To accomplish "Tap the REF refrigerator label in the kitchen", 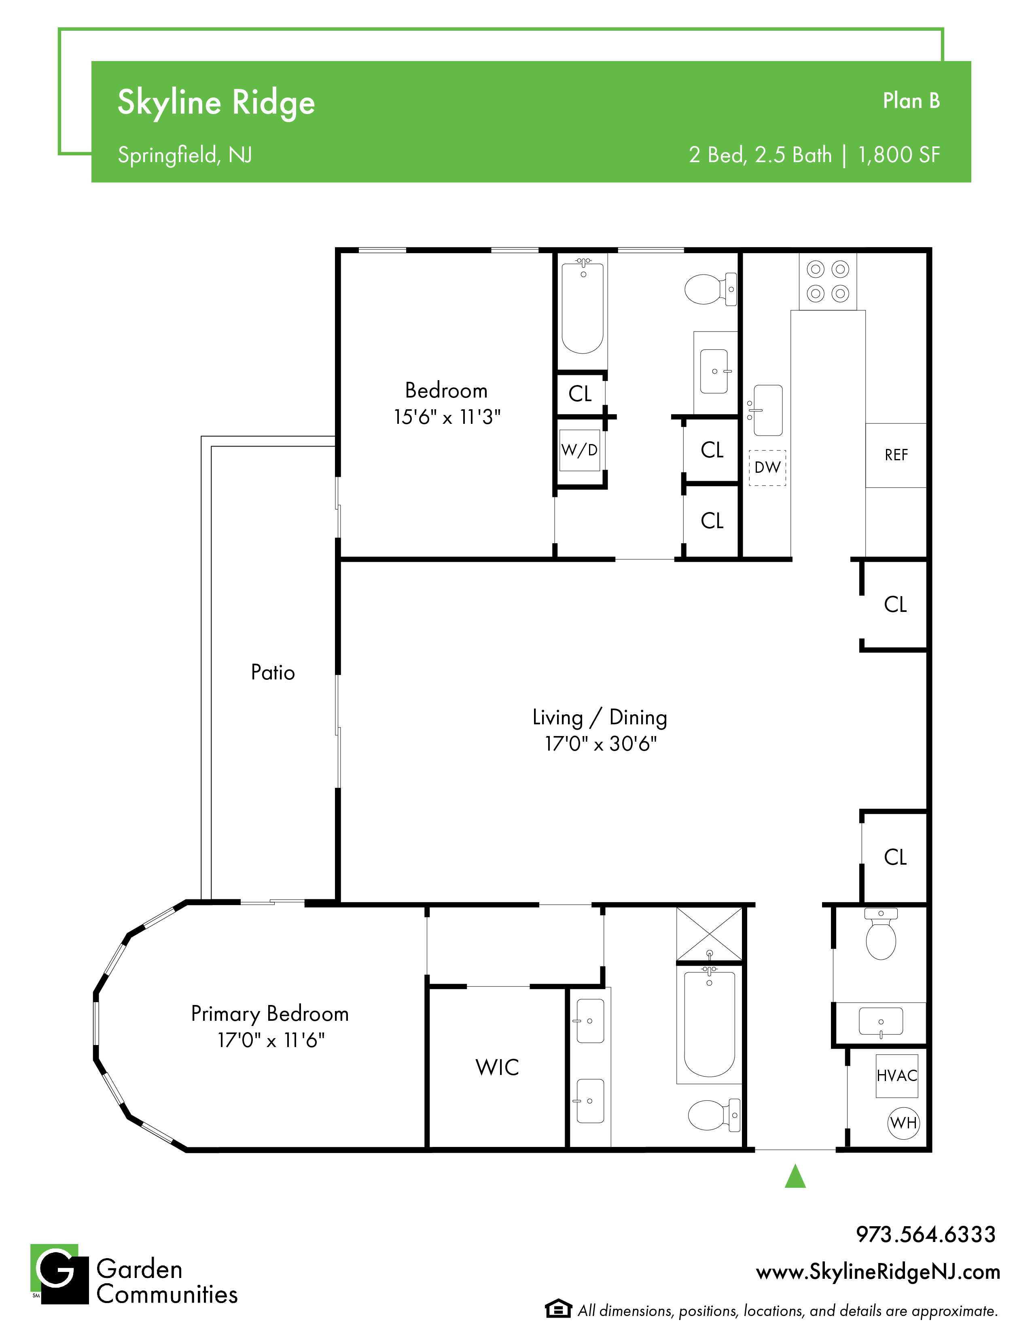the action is [896, 455].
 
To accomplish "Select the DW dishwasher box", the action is [767, 468].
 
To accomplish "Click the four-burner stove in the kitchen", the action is [828, 281].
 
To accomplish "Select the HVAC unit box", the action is [897, 1076].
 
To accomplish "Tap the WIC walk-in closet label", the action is [497, 1067].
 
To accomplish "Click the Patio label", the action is [273, 673].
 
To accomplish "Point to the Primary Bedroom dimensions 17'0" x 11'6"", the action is [271, 1040].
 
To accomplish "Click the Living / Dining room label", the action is [600, 717].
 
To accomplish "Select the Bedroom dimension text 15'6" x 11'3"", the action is [447, 417].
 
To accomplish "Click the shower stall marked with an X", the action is [709, 934].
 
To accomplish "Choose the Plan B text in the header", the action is [911, 101].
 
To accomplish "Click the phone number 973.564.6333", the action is [926, 1234].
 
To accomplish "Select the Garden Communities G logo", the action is [59, 1274].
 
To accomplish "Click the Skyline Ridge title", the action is [216, 103].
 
